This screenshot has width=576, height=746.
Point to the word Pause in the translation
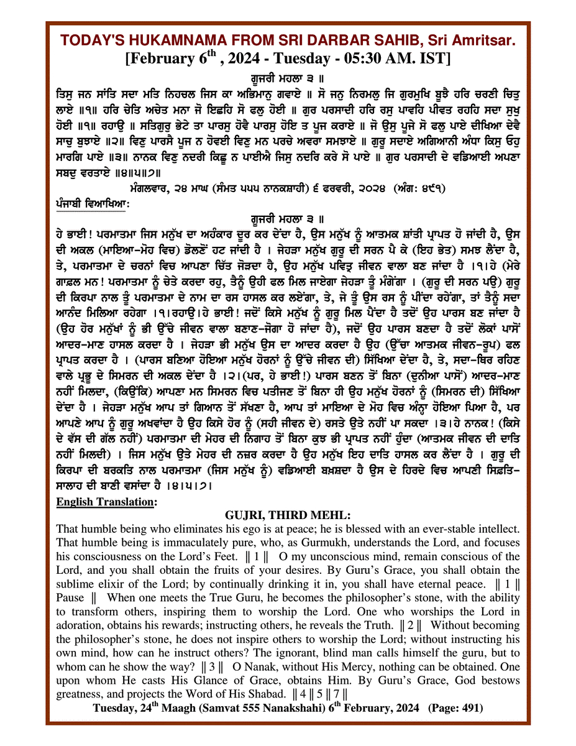click(69, 597)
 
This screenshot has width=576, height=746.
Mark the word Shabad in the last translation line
click(305, 693)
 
